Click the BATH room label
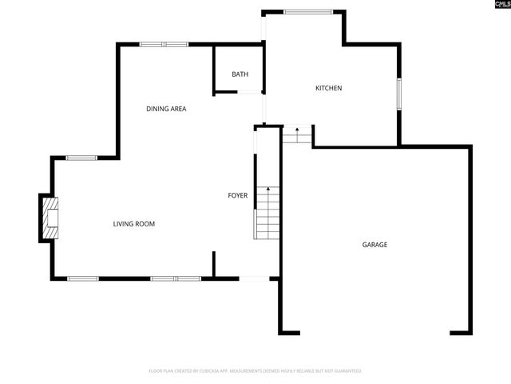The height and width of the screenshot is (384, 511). tap(240, 74)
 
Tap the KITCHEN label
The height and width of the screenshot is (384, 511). tap(328, 88)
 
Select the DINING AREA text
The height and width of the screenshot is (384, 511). tap(166, 109)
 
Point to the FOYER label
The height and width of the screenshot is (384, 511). tap(238, 195)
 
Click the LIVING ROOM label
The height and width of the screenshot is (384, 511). tap(133, 224)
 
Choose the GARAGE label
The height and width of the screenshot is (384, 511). tap(374, 245)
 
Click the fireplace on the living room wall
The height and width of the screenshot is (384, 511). tap(50, 218)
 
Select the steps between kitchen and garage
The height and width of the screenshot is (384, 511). tap(296, 136)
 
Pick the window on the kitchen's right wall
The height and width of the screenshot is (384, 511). tap(399, 94)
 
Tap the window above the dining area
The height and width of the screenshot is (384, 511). tap(164, 44)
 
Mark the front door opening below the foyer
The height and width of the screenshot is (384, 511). tap(255, 278)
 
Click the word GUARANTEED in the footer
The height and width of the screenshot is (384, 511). tap(345, 371)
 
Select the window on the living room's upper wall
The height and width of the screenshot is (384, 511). tap(81, 158)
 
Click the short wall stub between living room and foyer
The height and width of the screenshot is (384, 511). tap(213, 265)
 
